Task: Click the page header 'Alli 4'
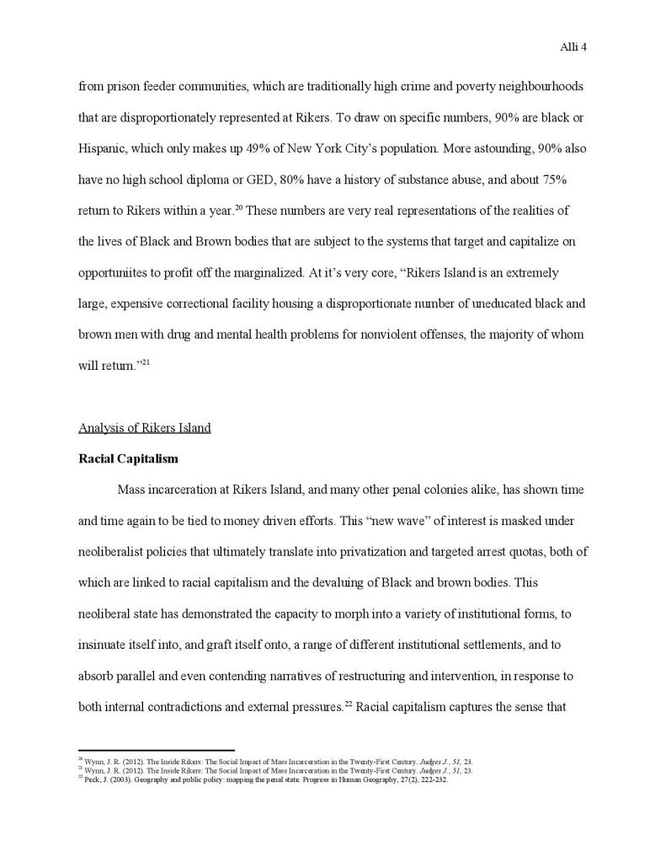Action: [x=573, y=47]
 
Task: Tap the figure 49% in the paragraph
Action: [x=245, y=149]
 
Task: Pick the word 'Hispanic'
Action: [x=101, y=149]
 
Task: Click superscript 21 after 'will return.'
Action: [x=145, y=361]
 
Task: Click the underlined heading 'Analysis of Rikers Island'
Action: [x=144, y=428]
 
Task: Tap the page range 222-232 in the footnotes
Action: [x=431, y=779]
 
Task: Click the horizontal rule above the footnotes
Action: [x=156, y=750]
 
